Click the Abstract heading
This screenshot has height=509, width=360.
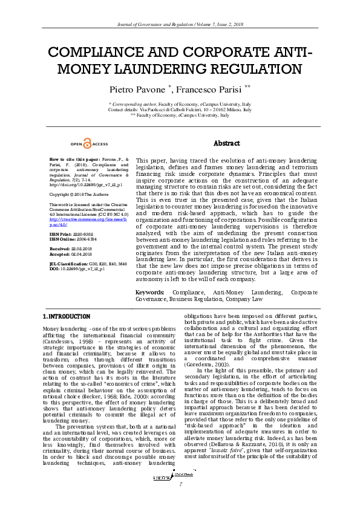tap(227, 143)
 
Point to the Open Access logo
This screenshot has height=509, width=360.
tap(90, 144)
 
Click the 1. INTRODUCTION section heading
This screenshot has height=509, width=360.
tap(66, 316)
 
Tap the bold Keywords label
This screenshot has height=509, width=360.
tap(151, 292)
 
